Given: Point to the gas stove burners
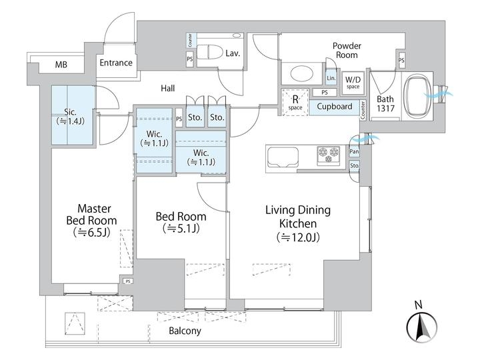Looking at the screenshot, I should click(329, 155).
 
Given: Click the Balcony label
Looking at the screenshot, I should click(185, 331).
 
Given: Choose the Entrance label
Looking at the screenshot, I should click(115, 63).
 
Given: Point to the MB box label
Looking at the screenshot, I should click(61, 65).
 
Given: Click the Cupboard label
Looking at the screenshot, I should click(335, 107).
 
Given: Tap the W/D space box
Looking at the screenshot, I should click(353, 83).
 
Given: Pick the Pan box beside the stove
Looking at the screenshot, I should click(354, 152).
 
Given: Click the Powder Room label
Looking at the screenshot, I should click(347, 51).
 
